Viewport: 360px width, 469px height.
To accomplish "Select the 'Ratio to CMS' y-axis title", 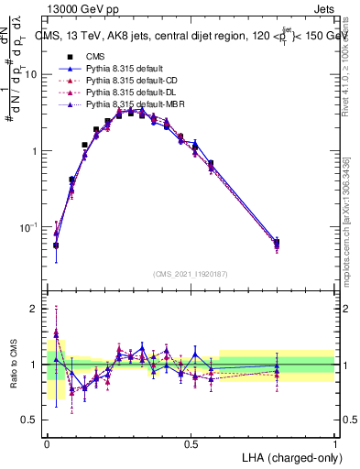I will pyautogui.click(x=14, y=365).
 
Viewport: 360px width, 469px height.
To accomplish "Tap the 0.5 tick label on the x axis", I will pyautogui.click(x=191, y=442).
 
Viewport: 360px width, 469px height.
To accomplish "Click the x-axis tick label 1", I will pyautogui.click(x=334, y=442).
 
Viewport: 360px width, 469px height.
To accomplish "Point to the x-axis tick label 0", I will pyautogui.click(x=48, y=442).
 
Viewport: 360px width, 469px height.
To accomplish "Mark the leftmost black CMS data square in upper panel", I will pyautogui.click(x=56, y=245).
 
